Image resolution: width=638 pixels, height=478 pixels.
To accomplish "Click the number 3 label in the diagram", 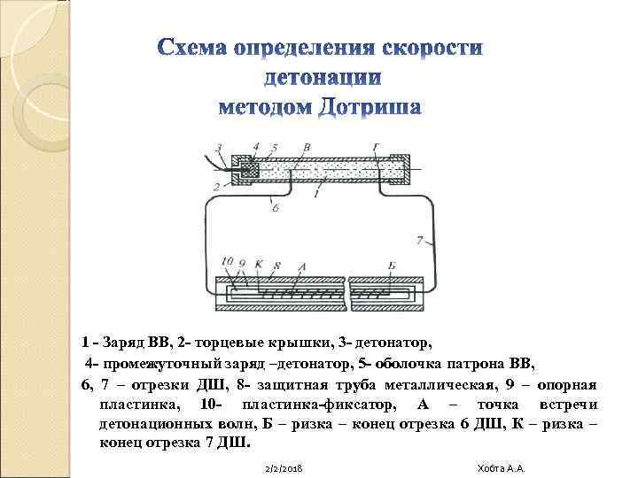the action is [x=218, y=148].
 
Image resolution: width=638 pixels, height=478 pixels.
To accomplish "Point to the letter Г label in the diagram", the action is [x=378, y=148].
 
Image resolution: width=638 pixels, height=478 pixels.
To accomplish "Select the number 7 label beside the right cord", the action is [x=422, y=239].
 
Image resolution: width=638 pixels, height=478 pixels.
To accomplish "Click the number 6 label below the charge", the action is [x=276, y=207].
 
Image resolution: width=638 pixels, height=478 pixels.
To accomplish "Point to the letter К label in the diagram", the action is [x=260, y=264].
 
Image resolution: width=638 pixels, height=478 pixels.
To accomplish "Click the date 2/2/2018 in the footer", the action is [x=284, y=466].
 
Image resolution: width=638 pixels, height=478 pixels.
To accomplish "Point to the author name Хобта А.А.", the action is [x=501, y=466].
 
